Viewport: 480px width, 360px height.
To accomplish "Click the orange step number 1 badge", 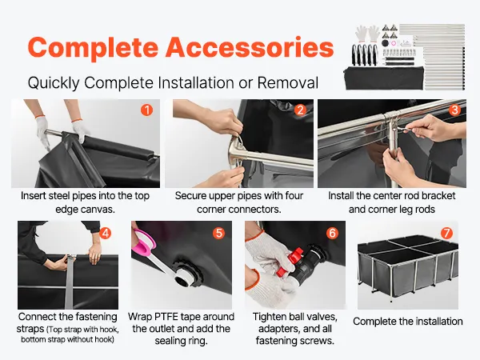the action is click(147, 110).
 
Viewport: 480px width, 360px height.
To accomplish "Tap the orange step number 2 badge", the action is click(300, 110).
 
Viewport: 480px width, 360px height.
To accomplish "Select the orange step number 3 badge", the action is click(455, 110).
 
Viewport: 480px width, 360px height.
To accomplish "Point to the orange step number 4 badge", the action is click(105, 234).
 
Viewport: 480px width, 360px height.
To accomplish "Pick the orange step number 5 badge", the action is click(219, 234).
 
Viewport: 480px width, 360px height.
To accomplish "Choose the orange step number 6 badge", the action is click(333, 234).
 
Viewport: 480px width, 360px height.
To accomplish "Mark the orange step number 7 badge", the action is click(446, 234).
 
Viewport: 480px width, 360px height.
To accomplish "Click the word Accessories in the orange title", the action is click(250, 47).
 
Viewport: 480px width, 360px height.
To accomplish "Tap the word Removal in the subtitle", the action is click(288, 82).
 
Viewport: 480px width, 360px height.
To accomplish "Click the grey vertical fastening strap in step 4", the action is click(70, 282).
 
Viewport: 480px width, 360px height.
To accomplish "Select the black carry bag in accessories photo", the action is click(384, 78).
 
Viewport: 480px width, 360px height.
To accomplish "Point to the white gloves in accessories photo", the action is click(368, 34).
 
